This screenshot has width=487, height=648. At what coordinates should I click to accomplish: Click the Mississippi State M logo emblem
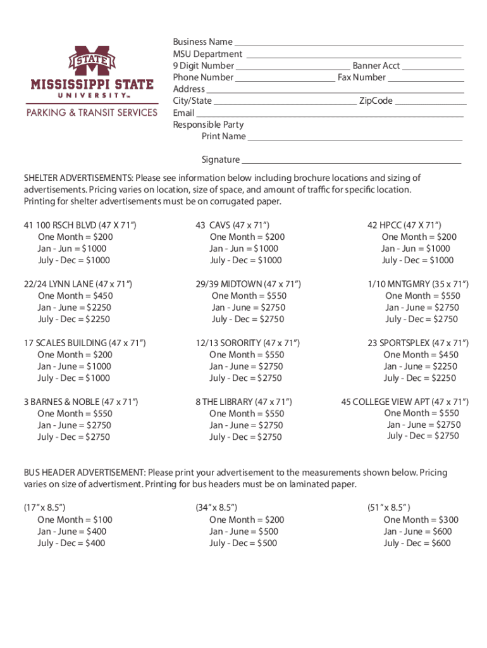tap(92, 62)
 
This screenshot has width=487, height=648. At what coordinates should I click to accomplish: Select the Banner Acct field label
tap(376, 66)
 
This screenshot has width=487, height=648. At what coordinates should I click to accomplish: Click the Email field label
tap(183, 113)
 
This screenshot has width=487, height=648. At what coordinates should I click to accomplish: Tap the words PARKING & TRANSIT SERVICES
tap(92, 113)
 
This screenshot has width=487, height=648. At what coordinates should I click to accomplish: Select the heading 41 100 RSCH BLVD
tap(80, 225)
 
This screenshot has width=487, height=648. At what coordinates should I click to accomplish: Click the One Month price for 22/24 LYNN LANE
tap(75, 296)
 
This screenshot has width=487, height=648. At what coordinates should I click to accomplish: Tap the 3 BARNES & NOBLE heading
tap(81, 402)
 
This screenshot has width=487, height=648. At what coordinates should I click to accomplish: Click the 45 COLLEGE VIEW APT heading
tap(405, 402)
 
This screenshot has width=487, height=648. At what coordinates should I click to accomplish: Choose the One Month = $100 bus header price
tap(75, 520)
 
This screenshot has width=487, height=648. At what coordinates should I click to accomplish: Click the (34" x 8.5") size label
tap(216, 508)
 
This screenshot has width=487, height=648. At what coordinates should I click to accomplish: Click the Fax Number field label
tap(361, 78)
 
